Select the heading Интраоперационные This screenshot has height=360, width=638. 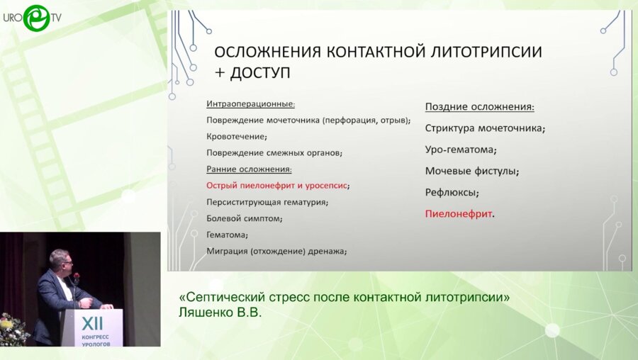(250, 103)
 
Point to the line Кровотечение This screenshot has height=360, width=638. (236, 136)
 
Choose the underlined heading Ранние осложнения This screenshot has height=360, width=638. (248, 169)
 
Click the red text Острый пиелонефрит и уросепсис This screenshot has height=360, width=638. (277, 185)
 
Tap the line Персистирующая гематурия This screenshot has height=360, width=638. (267, 202)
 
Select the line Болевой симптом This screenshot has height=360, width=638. (244, 218)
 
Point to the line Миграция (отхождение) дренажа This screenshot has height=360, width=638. (276, 251)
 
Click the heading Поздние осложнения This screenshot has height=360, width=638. (479, 107)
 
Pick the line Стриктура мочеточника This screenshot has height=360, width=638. (484, 128)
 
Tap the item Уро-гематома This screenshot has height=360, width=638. (460, 150)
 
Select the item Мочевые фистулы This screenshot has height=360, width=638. (471, 171)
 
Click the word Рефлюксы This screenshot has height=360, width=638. (452, 192)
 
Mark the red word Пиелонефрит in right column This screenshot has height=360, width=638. (459, 213)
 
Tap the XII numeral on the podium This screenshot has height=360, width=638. (92, 322)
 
